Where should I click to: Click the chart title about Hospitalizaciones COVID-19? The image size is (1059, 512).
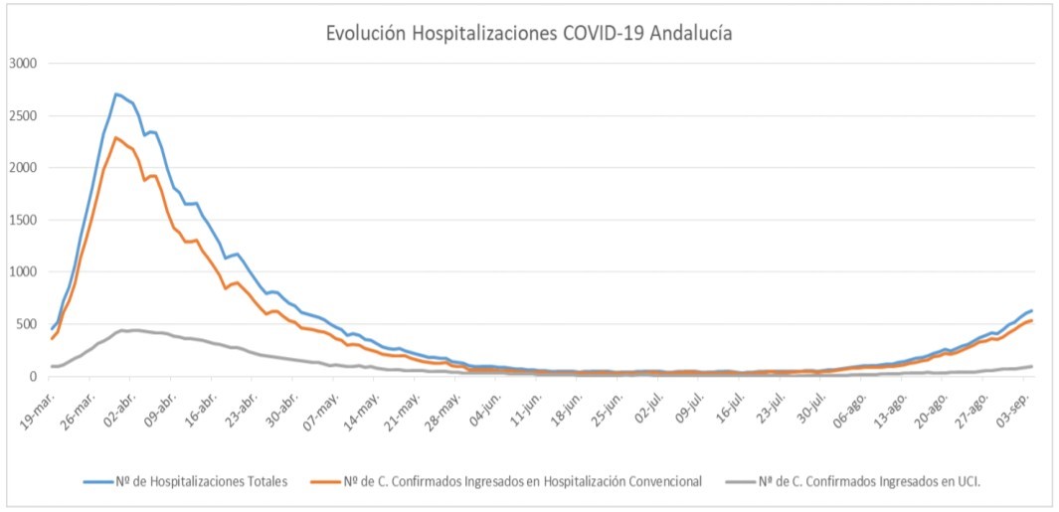pos(529,33)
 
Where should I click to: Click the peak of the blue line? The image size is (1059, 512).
pos(116,94)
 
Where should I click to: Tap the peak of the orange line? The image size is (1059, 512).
pos(116,138)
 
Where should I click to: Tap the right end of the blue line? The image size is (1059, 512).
pos(1031,311)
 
